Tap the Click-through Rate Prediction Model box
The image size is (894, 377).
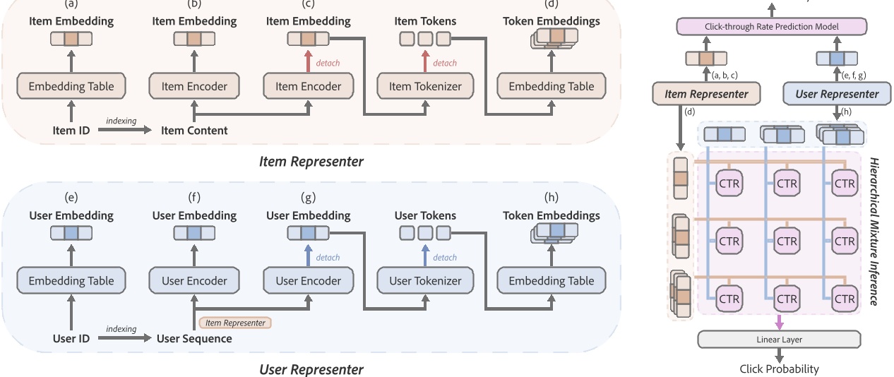pyautogui.click(x=771, y=27)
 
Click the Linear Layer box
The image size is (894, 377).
pyautogui.click(x=779, y=340)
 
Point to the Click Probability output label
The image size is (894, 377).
pyautogui.click(x=779, y=369)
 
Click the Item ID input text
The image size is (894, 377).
pyautogui.click(x=71, y=130)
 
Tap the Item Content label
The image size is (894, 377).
pyautogui.click(x=194, y=130)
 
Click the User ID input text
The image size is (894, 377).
pyautogui.click(x=71, y=338)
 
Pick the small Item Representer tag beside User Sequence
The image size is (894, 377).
pyautogui.click(x=235, y=323)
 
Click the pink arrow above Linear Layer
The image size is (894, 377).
pyautogui.click(x=779, y=321)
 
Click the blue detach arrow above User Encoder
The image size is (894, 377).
pyautogui.click(x=308, y=256)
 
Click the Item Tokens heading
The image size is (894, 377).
pyautogui.click(x=425, y=21)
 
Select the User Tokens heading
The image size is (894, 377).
pyautogui.click(x=424, y=215)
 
